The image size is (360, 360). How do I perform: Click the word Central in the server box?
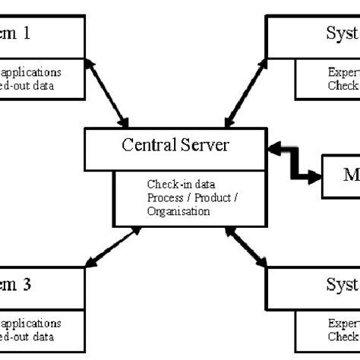147,145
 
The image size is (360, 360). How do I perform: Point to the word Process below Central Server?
165,199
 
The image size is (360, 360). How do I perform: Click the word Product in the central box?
210,199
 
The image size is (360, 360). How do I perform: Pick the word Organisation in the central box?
178,212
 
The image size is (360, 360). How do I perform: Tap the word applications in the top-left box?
32,73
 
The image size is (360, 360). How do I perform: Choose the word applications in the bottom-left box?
32,323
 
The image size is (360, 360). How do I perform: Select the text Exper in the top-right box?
343,73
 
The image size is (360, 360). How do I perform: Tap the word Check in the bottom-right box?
343,335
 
